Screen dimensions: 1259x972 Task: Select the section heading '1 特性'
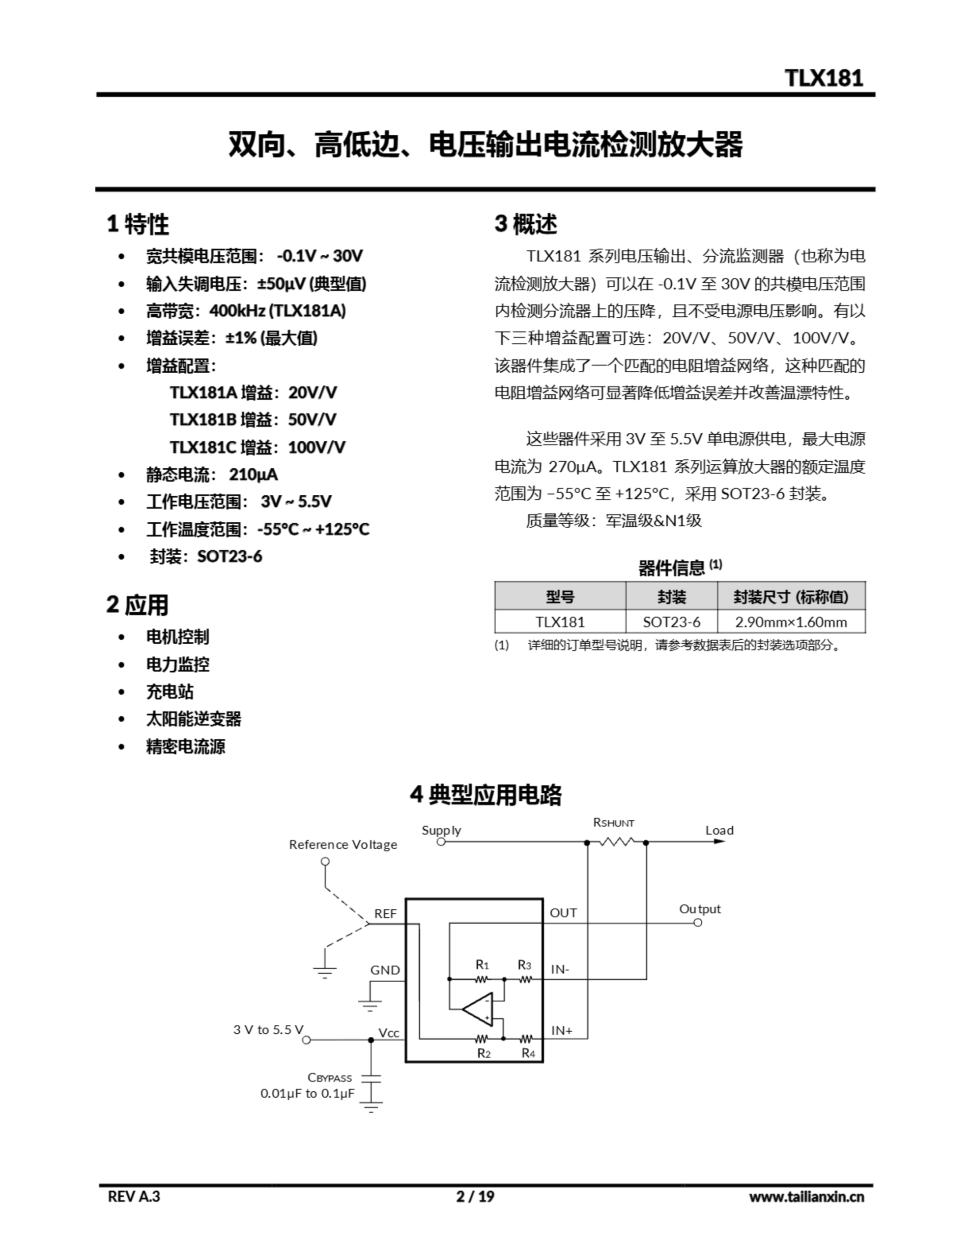coord(138,224)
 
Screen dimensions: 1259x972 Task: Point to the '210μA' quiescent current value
coord(253,475)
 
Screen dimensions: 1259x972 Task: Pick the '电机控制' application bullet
coord(177,636)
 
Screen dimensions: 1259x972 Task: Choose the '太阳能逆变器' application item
coord(194,719)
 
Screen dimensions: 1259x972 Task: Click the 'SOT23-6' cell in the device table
coord(671,622)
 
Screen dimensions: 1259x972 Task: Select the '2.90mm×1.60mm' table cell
coord(791,622)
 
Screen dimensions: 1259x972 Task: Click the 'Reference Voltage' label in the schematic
coord(343,844)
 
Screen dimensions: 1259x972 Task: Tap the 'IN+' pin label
coord(562,1030)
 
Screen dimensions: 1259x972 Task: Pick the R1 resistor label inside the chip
coord(482,964)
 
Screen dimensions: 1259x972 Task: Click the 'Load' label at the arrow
coord(719,830)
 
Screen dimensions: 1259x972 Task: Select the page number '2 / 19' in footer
coord(475,1197)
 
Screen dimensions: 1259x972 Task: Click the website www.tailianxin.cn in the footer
coord(806,1197)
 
